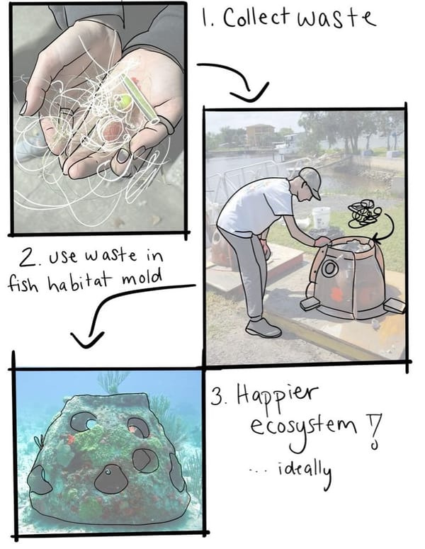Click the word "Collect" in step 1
(256, 17)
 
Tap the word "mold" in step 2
(142, 278)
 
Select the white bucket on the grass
(321, 217)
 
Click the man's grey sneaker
(262, 328)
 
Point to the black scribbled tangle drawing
(365, 213)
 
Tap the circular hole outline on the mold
(329, 269)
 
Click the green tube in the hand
(140, 98)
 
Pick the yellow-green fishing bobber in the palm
(125, 101)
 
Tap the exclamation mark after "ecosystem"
(374, 431)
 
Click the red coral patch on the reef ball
(70, 439)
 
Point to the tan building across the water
(260, 135)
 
